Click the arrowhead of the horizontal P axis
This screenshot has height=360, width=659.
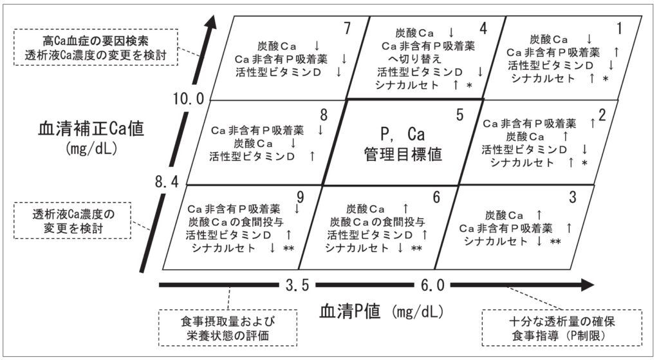[x=585, y=284]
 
